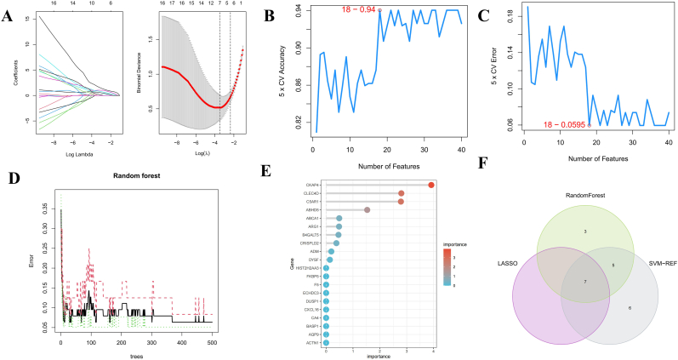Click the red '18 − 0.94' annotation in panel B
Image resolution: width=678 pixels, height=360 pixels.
tap(357, 10)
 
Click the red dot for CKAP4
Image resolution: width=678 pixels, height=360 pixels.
tap(431, 185)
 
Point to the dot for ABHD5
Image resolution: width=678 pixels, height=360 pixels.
tap(367, 209)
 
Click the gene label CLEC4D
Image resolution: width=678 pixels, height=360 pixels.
tap(311, 193)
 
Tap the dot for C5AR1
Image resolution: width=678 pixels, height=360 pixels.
tap(401, 202)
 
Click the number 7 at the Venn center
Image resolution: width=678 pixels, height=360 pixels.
tap(584, 280)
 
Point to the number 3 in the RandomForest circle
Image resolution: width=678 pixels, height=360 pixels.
tap(584, 231)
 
